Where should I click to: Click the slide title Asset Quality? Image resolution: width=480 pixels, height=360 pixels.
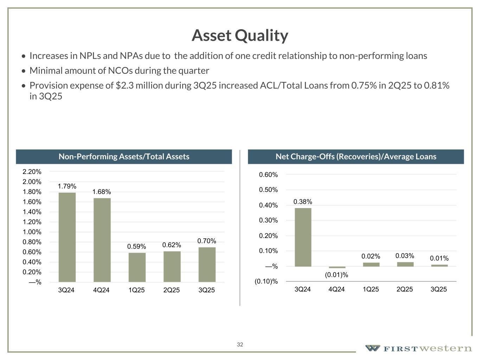coord(240,36)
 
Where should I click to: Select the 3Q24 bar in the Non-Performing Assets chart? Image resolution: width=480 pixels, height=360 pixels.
coord(67,237)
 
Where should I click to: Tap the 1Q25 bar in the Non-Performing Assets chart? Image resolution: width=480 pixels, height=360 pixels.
coord(137,267)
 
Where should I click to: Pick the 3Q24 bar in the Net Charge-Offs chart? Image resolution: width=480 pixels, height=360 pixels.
coord(303,237)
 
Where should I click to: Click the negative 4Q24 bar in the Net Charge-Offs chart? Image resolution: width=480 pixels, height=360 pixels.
coord(337,268)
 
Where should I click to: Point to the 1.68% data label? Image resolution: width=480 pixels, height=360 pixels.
coord(102,192)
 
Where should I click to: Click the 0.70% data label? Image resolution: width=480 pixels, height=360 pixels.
coord(206,241)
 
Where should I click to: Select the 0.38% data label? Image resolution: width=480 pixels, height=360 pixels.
coord(303,202)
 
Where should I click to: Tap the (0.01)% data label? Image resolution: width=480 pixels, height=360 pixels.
coord(337,275)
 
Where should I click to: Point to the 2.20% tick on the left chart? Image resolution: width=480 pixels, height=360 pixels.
coord(32,172)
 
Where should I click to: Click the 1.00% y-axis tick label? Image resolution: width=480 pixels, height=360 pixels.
coord(32,232)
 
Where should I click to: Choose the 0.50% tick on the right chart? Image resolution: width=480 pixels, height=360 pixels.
coord(268,190)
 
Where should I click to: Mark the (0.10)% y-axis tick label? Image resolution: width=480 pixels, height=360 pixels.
coord(266,282)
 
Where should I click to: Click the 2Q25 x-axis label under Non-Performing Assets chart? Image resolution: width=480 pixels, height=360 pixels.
coord(172,290)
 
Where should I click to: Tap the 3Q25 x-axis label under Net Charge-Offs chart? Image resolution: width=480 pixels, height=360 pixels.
coord(439,289)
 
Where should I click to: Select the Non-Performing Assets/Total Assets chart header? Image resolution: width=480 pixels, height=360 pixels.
coord(124,157)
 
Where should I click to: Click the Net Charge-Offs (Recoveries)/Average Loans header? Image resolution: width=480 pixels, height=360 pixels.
coord(356,157)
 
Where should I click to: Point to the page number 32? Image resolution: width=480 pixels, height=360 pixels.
coord(240,345)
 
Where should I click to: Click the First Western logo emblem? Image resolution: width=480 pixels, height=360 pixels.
coord(372,348)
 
